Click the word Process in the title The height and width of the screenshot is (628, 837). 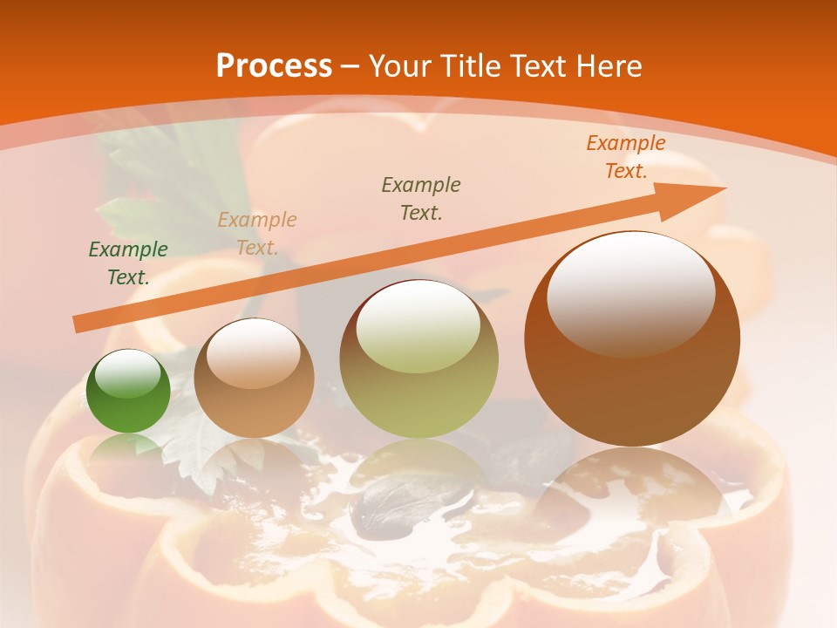pos(274,66)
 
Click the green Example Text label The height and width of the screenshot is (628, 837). pos(128,263)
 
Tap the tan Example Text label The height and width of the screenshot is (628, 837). pos(257,234)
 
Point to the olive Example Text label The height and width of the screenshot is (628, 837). pos(421,198)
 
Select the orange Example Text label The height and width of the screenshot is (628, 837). pos(626,157)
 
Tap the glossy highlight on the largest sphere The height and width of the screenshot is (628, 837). pos(630,294)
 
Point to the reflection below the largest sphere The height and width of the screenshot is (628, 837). pos(632,488)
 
